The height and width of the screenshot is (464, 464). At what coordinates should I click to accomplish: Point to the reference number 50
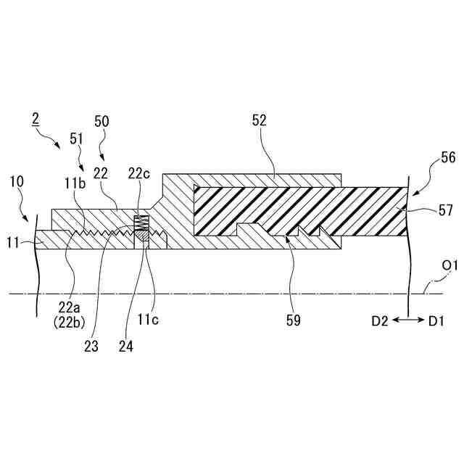pos(102,122)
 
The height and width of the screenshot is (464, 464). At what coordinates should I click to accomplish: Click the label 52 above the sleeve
pos(260,122)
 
